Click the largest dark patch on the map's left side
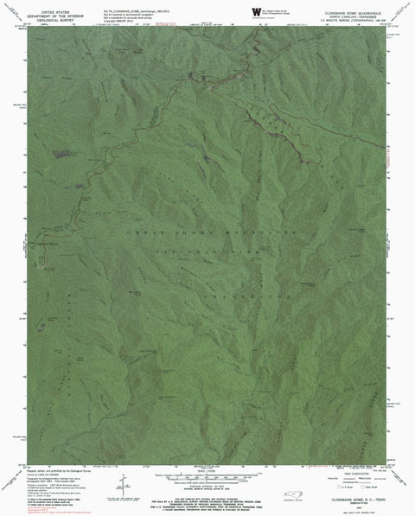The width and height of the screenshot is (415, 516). pyautogui.click(x=61, y=156)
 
